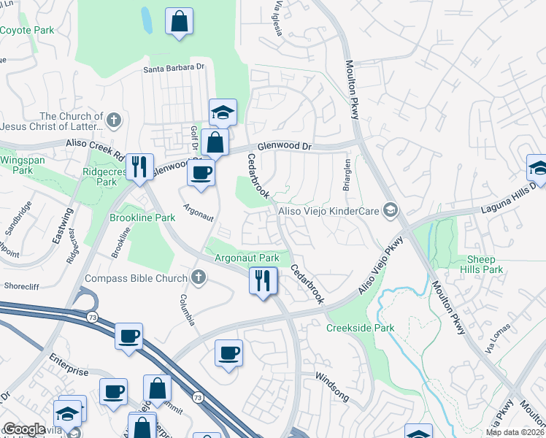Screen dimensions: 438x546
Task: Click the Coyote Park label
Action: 28,30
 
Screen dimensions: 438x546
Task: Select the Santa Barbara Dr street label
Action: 173,68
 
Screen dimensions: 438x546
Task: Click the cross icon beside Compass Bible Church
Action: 197,277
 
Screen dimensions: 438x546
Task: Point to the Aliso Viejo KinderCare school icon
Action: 391,210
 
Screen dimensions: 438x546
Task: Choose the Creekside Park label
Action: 361,328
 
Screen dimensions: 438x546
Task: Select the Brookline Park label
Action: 142,218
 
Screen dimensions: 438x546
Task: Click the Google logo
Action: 23,429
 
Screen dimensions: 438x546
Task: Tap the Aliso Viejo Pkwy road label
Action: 380,265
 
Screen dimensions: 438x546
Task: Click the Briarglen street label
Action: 347,175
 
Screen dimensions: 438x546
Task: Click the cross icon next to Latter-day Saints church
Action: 112,120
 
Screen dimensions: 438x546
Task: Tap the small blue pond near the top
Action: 147,21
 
